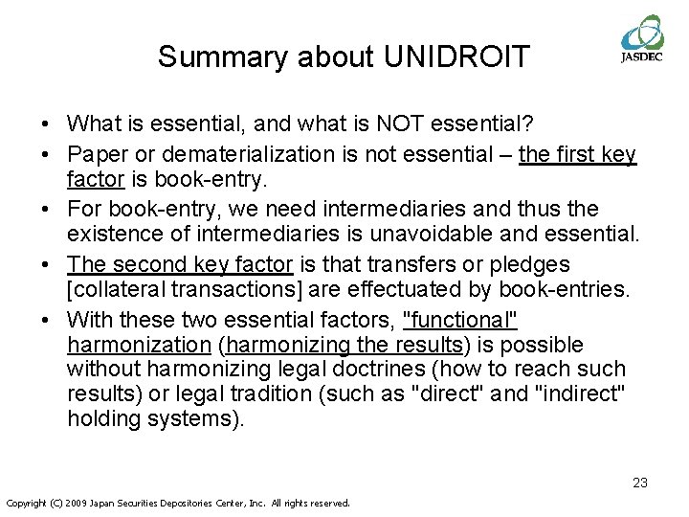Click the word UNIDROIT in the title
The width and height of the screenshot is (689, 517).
[456, 56]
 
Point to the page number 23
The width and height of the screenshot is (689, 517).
[640, 483]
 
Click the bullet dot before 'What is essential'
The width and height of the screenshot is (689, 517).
[46, 124]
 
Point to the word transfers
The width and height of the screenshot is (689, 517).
[451, 264]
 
